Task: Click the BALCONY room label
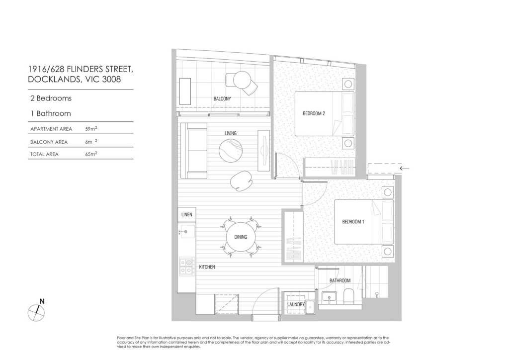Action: (222, 98)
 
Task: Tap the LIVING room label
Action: (231, 133)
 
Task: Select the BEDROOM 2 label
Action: (314, 113)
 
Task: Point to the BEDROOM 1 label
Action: (353, 222)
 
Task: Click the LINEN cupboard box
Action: (187, 215)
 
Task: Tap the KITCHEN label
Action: (207, 267)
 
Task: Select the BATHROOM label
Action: (340, 280)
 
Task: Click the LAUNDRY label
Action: (296, 304)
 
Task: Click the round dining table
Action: (241, 237)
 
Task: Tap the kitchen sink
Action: (187, 232)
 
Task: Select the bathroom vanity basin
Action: (330, 297)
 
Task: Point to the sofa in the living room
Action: (194, 151)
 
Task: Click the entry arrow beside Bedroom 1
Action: (404, 168)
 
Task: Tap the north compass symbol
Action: (36, 312)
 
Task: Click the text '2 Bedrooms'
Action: (51, 98)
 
